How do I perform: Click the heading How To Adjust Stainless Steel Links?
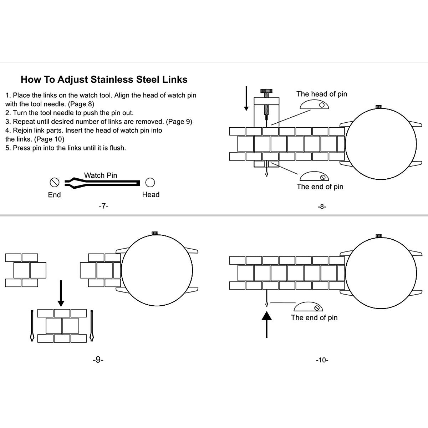tap(104, 79)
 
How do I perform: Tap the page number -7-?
tap(103, 206)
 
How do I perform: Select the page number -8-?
tap(322, 207)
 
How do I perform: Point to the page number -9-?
tap(98, 360)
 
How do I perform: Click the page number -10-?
tap(322, 360)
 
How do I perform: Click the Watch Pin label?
tap(101, 175)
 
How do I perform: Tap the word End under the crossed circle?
tap(54, 195)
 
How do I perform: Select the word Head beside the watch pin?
tap(151, 194)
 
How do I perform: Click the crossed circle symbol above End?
tap(54, 183)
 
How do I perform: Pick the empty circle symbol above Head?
tap(150, 183)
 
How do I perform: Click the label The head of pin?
tap(321, 94)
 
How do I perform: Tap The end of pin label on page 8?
tap(320, 187)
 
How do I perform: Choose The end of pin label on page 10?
tap(314, 317)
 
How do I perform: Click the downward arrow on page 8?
tap(246, 98)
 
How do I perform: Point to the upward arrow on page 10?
tap(266, 324)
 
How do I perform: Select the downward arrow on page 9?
tap(61, 293)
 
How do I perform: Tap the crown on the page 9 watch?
tap(155, 233)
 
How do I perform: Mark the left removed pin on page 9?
tap(32, 325)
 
